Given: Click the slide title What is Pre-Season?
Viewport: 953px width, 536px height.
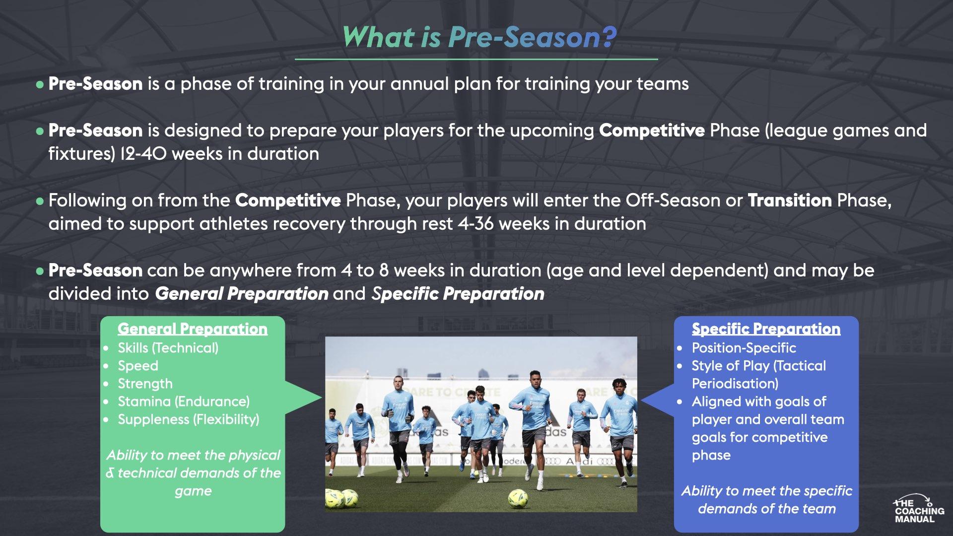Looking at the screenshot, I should [x=478, y=37].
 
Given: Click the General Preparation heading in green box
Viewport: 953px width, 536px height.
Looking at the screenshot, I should [x=193, y=329].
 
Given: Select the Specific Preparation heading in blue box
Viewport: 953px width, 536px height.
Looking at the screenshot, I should [x=766, y=329].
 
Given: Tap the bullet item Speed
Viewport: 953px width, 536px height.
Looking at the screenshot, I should [x=138, y=366].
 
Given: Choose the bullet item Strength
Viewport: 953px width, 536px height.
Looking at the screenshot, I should [x=145, y=384].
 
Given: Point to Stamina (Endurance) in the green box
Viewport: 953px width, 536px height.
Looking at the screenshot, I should [x=184, y=402].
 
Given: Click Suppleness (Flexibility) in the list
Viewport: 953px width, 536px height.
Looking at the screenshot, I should [x=188, y=419].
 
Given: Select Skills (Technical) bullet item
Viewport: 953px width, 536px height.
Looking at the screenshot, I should [x=168, y=348].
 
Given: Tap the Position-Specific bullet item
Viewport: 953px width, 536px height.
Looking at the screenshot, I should [x=744, y=348].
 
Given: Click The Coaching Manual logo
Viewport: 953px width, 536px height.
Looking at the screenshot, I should [x=919, y=509].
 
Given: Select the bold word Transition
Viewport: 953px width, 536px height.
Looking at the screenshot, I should [x=789, y=201].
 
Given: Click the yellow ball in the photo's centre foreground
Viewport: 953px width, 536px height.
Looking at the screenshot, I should [x=519, y=497].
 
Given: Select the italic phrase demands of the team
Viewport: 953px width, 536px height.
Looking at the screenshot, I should [x=766, y=509].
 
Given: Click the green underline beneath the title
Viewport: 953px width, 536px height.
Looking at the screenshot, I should [x=476, y=59].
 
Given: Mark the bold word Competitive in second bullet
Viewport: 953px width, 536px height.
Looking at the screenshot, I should [x=651, y=131].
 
